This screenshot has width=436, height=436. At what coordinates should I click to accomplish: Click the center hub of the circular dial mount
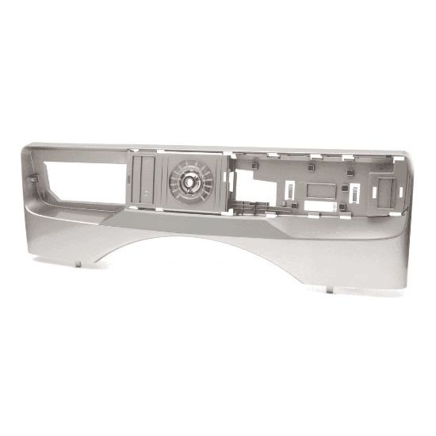[192, 181]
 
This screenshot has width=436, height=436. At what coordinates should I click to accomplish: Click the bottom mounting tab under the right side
[329, 289]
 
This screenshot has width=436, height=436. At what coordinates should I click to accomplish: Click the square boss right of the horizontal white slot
[342, 208]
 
